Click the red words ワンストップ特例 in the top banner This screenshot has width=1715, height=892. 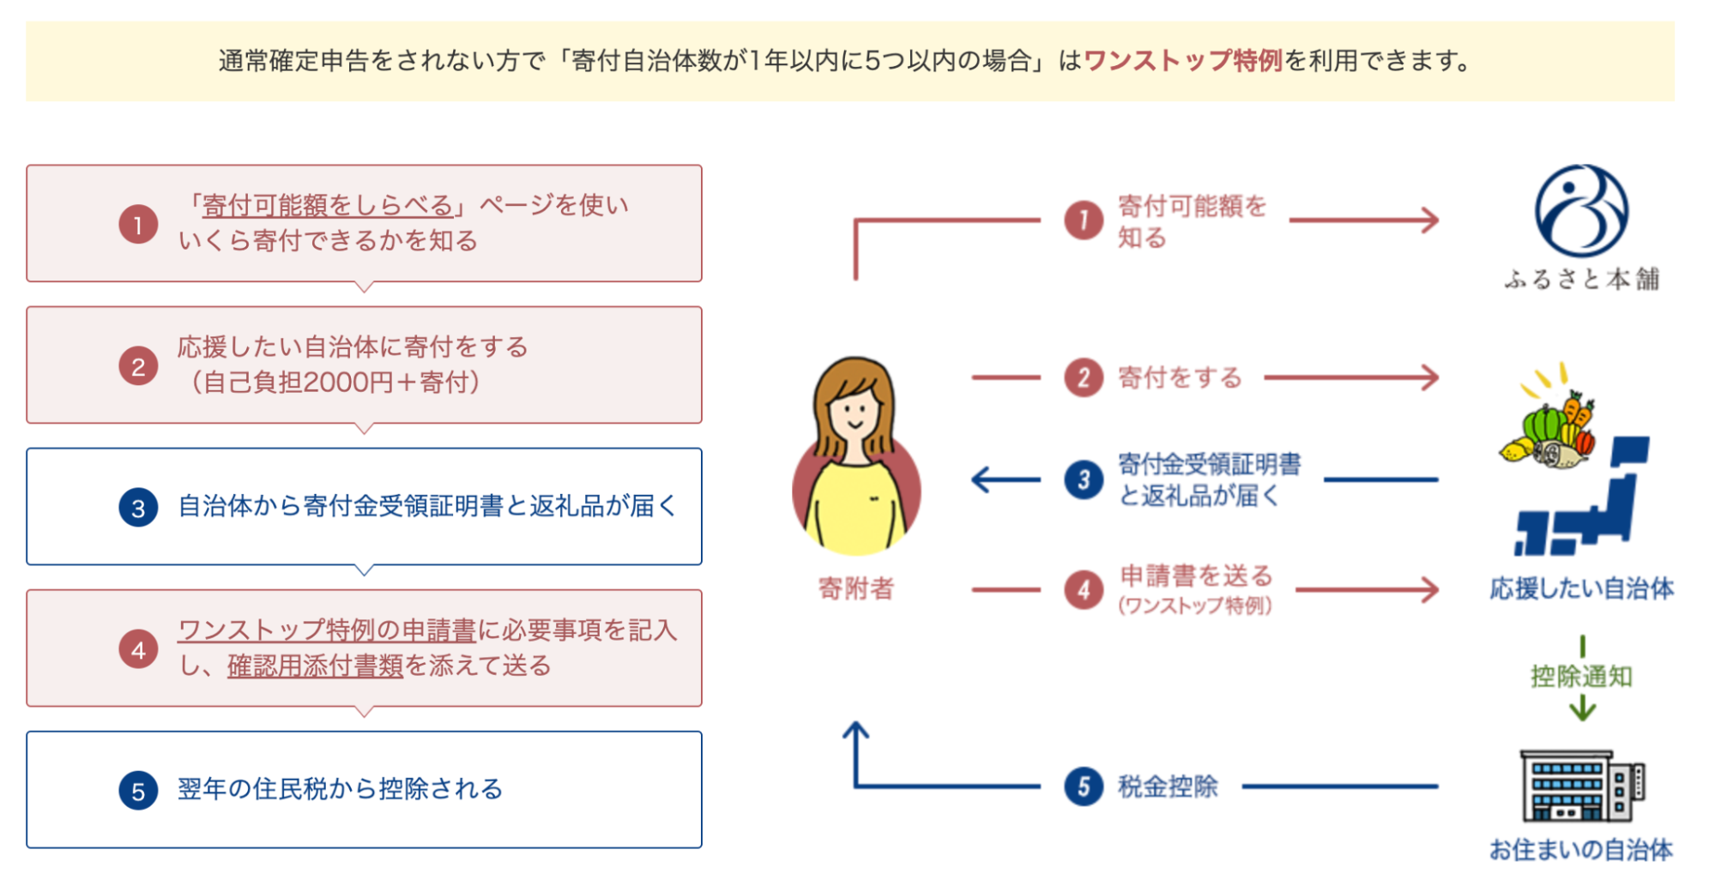click(1183, 61)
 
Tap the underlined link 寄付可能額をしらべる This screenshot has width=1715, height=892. click(327, 205)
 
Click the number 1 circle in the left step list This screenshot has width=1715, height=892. click(138, 225)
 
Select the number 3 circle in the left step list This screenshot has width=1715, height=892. click(138, 508)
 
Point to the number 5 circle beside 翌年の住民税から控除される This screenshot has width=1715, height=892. click(138, 791)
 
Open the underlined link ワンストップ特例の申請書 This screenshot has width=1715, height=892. click(326, 630)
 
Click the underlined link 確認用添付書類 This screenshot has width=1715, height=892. click(315, 666)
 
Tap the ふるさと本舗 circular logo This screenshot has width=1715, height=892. click(1581, 211)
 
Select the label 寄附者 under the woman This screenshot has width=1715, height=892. click(855, 588)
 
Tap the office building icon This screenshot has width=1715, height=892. click(1581, 786)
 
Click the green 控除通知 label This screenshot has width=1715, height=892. click(1581, 677)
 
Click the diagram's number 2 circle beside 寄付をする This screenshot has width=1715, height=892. click(1084, 377)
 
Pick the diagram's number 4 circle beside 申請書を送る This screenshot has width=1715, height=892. click(1084, 590)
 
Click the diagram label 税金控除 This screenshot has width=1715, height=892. click(1168, 787)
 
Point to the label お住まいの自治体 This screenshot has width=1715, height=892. click(1581, 850)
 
